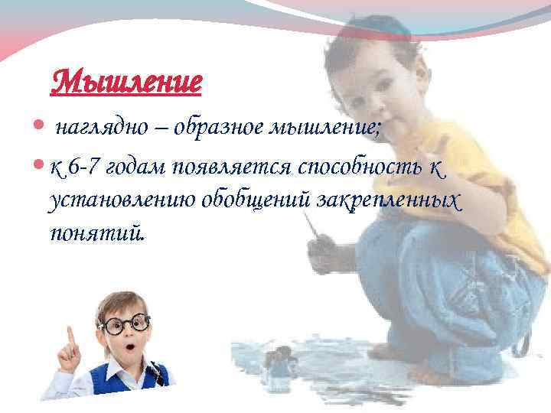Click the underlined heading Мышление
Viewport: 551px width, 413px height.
pyautogui.click(x=126, y=80)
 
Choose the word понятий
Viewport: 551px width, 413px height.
pyautogui.click(x=95, y=232)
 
